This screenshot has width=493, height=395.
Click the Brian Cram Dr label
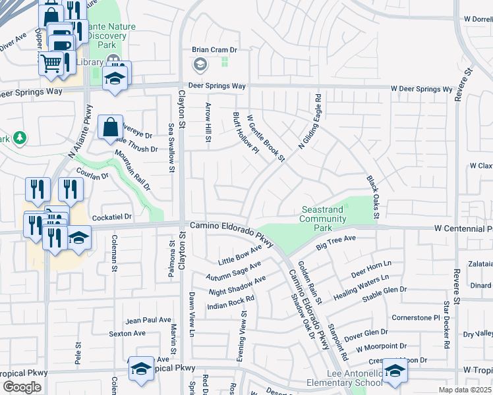coord(214,49)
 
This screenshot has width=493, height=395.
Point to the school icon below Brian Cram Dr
coord(200,65)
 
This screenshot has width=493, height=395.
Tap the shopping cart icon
coord(50,64)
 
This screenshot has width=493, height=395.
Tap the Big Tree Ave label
coord(335,242)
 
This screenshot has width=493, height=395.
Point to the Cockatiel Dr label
coord(112,216)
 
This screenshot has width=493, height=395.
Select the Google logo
coord(22,387)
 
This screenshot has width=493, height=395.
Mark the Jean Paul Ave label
coord(149,320)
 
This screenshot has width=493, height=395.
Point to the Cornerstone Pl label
coord(415,317)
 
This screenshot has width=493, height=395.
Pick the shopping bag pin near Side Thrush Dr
coord(111,126)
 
